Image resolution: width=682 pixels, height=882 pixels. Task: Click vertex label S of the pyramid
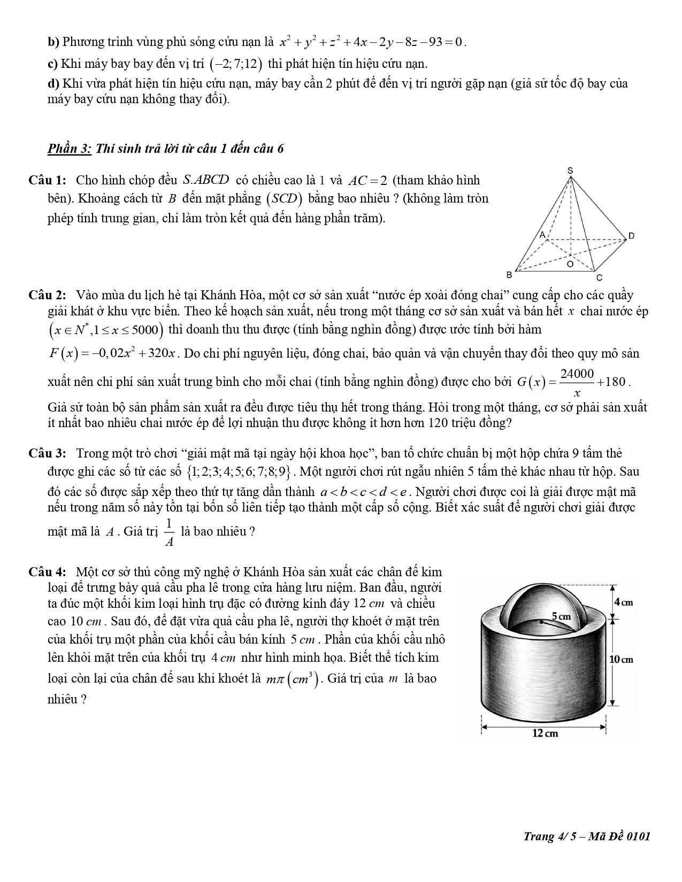pos(570,171)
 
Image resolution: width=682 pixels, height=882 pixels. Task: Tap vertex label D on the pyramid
pos(631,236)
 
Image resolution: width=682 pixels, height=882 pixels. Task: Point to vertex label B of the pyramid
pos(509,275)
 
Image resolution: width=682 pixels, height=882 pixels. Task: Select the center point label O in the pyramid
pos(570,264)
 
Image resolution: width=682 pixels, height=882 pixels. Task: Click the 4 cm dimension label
pos(623,602)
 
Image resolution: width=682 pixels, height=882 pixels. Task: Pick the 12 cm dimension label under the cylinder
pos(545,733)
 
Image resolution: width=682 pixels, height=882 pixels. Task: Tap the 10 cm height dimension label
pos(622,659)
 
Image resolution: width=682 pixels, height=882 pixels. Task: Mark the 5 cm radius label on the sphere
pos(561,616)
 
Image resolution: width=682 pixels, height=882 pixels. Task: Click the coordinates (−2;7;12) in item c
pos(236,64)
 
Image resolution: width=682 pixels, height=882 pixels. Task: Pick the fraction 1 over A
pos(168,532)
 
